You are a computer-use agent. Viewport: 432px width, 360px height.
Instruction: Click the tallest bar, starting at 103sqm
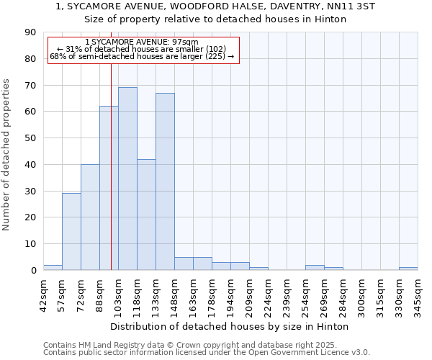tap(127, 179)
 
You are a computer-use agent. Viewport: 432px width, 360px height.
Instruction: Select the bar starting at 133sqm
tap(165, 181)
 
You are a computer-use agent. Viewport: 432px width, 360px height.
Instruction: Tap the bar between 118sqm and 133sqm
tap(146, 215)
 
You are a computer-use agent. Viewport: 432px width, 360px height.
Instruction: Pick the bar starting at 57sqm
tap(71, 232)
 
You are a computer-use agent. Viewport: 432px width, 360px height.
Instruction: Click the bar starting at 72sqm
tap(90, 217)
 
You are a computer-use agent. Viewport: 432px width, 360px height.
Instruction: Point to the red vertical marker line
tap(111, 166)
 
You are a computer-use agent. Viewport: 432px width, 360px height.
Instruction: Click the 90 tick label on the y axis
tap(30, 32)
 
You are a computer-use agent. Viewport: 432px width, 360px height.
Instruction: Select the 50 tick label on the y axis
tap(30, 138)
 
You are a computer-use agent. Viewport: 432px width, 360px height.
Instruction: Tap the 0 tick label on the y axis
tap(33, 271)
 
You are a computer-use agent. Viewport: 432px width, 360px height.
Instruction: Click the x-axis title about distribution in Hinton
tap(230, 326)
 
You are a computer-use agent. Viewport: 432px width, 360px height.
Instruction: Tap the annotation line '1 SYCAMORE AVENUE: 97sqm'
tap(141, 42)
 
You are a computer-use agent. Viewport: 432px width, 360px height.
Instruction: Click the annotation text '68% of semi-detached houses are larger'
tap(141, 56)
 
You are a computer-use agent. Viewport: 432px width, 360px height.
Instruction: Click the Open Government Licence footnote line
tap(206, 352)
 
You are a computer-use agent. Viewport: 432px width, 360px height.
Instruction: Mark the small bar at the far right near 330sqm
tap(408, 269)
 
